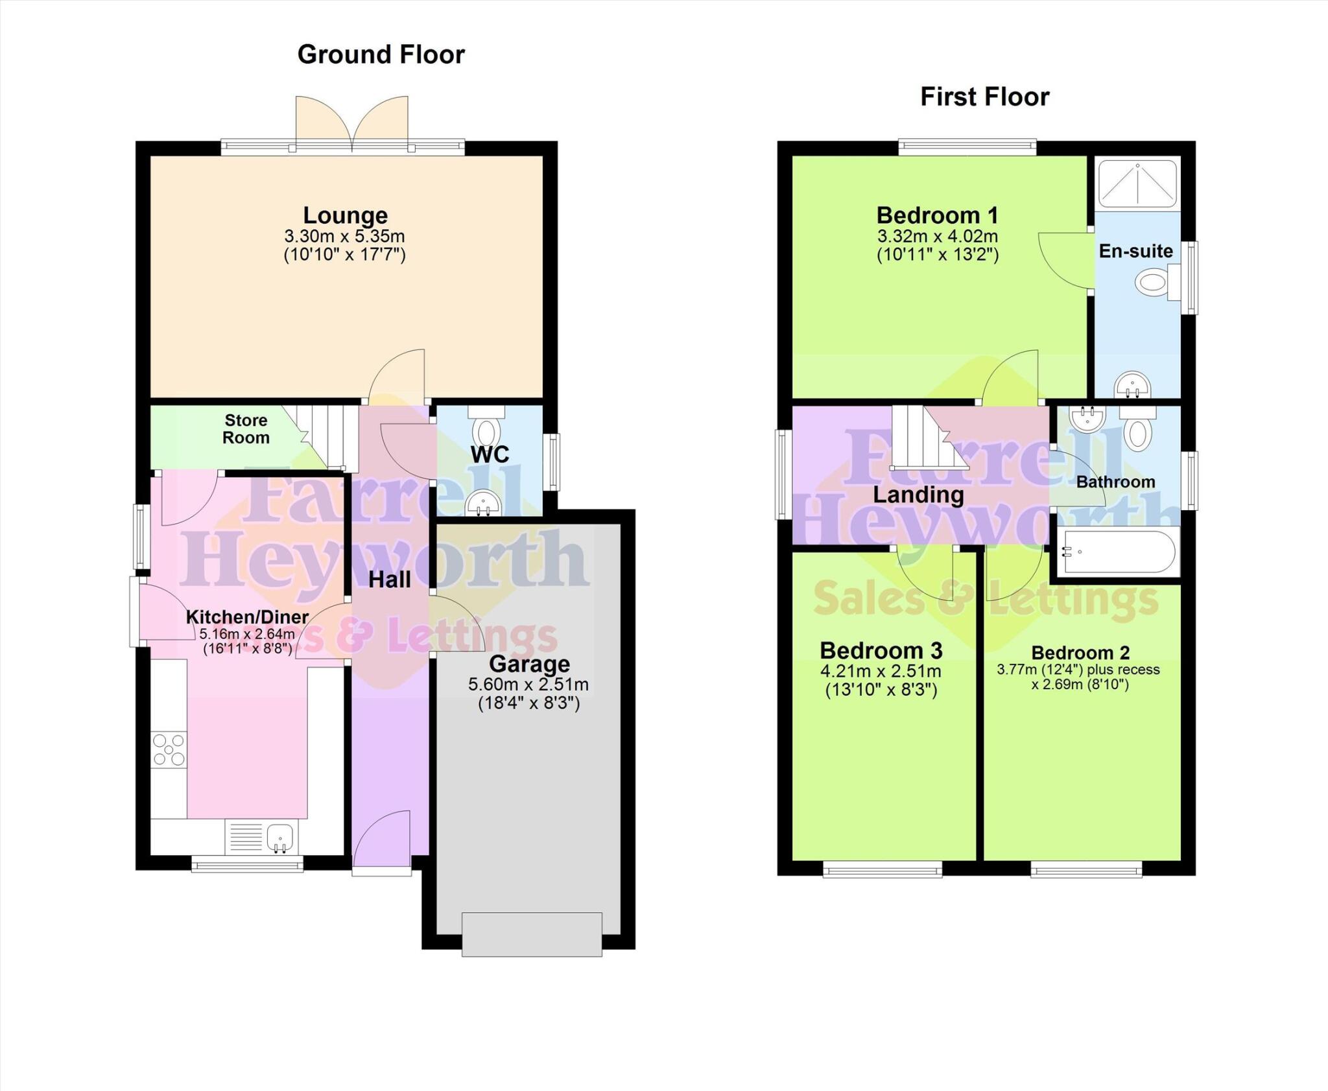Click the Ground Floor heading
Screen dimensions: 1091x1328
(381, 54)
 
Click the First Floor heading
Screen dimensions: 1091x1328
(984, 97)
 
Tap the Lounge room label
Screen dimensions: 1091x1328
(345, 215)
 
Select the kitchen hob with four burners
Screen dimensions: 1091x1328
(169, 750)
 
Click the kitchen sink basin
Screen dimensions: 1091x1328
(280, 837)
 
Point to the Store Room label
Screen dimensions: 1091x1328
(246, 429)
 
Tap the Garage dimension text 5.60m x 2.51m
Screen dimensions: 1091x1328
(528, 685)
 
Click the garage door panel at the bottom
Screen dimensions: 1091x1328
(532, 934)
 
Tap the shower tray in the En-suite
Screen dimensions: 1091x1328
(1137, 183)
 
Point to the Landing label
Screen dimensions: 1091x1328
(918, 495)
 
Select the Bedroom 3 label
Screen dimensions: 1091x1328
(881, 650)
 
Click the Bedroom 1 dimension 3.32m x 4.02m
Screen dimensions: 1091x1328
(937, 236)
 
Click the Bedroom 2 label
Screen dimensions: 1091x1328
(1080, 652)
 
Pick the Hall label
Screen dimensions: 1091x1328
(390, 580)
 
